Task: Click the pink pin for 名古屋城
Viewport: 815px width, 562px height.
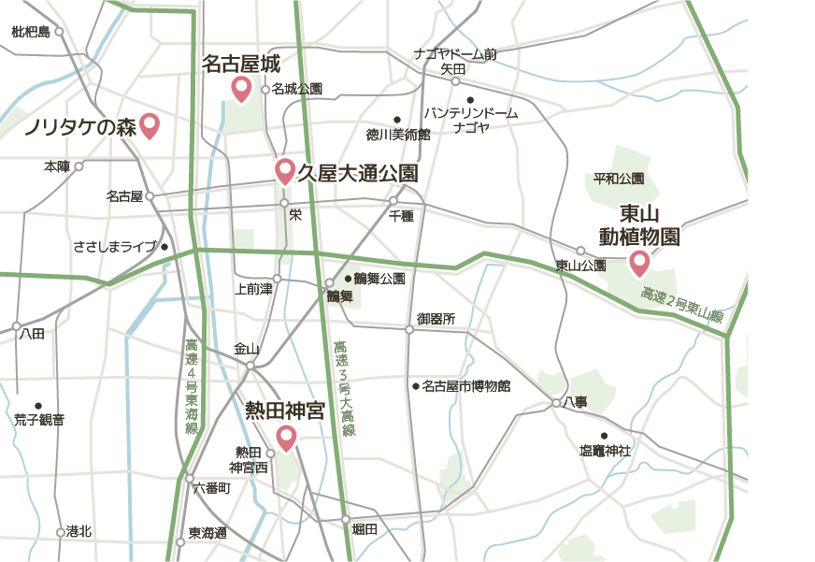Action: (241, 89)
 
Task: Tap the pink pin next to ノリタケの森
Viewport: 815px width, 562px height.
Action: (150, 125)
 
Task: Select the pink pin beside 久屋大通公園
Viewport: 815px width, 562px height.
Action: (285, 170)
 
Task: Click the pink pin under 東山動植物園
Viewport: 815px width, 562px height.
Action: (639, 263)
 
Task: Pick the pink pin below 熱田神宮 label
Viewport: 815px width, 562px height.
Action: (286, 437)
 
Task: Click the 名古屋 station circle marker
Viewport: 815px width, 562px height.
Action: (149, 196)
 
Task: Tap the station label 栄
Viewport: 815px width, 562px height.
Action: (295, 215)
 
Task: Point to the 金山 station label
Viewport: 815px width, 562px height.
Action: (246, 350)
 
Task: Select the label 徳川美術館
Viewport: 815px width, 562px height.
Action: (397, 134)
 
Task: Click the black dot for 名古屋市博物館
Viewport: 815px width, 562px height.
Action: (415, 385)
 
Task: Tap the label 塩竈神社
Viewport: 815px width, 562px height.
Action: (605, 451)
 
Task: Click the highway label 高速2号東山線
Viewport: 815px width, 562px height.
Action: (682, 307)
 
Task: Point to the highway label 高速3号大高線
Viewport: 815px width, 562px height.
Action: (344, 387)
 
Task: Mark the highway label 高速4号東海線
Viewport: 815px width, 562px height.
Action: (192, 386)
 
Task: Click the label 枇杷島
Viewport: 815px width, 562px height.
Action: (31, 32)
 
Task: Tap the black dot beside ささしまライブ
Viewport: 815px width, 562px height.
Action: (164, 247)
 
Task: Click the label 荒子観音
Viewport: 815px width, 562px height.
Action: (39, 420)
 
